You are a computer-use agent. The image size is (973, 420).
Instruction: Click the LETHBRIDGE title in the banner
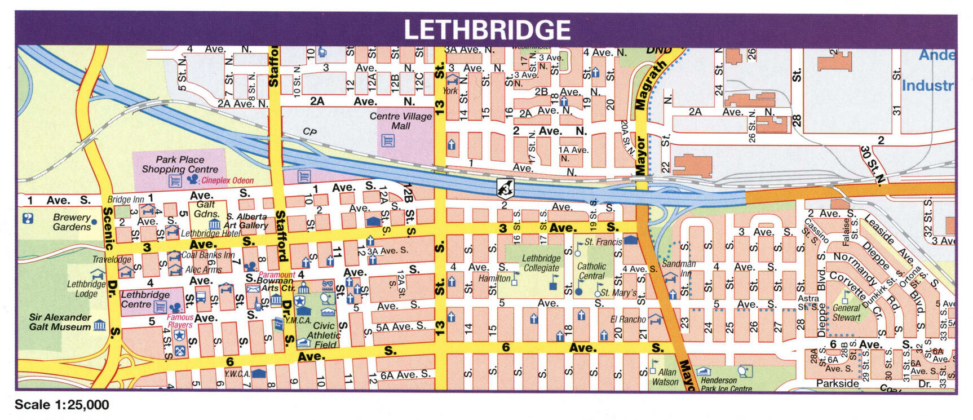486,30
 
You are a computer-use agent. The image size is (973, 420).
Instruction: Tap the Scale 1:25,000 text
61,405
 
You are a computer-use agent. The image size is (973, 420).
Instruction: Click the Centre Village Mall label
401,121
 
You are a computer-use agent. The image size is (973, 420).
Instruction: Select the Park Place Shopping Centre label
180,165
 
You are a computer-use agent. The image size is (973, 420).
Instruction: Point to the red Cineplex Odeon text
227,181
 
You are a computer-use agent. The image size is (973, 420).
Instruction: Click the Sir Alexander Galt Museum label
60,322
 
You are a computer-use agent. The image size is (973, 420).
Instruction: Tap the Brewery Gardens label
72,222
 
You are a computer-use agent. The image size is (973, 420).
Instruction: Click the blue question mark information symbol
28,218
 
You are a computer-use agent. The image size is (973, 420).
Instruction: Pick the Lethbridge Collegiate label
541,263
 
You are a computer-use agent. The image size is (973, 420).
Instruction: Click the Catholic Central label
591,271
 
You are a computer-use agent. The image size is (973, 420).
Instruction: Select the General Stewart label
846,313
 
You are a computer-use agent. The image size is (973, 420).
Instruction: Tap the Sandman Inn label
678,268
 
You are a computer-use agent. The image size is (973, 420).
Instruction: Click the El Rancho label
628,320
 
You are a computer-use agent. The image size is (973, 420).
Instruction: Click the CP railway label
309,131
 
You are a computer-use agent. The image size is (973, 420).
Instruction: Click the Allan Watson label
666,377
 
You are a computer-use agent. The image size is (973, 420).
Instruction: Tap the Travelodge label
112,260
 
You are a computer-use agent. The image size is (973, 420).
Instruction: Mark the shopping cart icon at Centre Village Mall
387,140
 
